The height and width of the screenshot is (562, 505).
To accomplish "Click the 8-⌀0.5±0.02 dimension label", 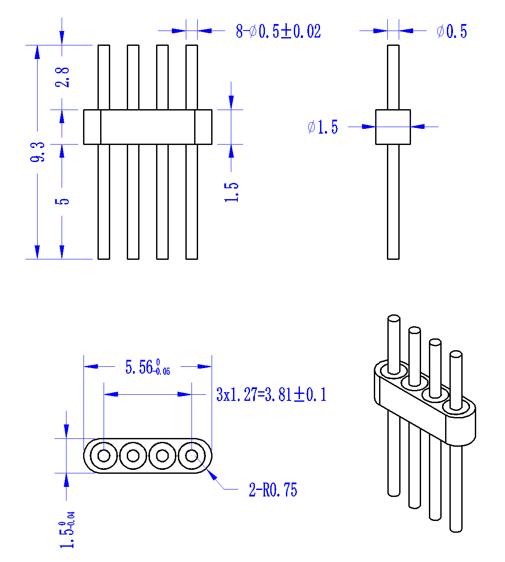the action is pyautogui.click(x=279, y=31).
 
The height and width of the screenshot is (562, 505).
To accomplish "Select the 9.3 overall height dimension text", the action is pyautogui.click(x=37, y=152).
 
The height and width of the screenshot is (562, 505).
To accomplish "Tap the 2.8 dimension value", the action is pyautogui.click(x=62, y=77).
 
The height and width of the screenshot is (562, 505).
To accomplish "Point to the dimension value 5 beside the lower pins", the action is pyautogui.click(x=62, y=201).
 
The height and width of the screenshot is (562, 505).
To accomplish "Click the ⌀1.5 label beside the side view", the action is pyautogui.click(x=323, y=127).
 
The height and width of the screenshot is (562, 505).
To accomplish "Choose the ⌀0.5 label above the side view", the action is pyautogui.click(x=452, y=31).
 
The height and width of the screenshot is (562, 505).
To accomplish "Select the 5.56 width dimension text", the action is pyautogui.click(x=147, y=367).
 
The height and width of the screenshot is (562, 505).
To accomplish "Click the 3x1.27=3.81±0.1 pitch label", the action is pyautogui.click(x=271, y=394).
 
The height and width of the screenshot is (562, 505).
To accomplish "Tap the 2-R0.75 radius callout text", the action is pyautogui.click(x=273, y=490).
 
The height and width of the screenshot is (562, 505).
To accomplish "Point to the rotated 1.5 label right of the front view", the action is pyautogui.click(x=231, y=192).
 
